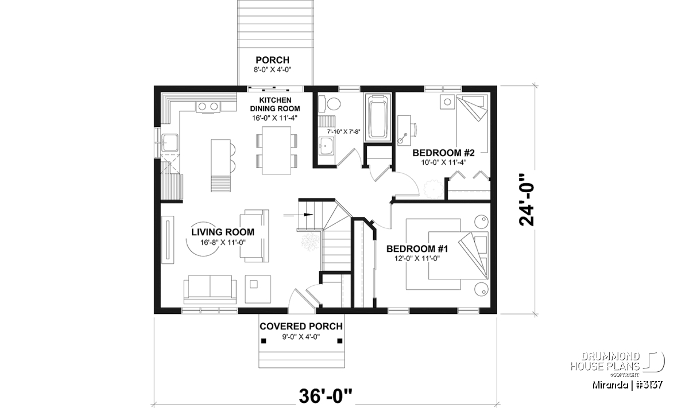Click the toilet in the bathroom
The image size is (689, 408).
(329, 104)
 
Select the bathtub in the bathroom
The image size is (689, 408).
(378, 118)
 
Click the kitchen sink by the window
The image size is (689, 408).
(169, 143)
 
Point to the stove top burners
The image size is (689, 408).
(208, 107)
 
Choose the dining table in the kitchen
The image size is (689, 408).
(277, 150)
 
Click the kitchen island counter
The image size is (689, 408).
(220, 166)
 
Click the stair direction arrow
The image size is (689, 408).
(298, 215)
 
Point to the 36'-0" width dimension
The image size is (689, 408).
(326, 396)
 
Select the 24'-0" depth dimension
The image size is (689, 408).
(527, 200)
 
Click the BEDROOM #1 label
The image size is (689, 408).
(417, 248)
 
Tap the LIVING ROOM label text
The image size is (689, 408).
(223, 232)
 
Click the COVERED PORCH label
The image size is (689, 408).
(301, 326)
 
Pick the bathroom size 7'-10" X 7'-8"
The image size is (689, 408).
(343, 131)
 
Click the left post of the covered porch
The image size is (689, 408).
(264, 341)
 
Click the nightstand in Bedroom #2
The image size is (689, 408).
(447, 102)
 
